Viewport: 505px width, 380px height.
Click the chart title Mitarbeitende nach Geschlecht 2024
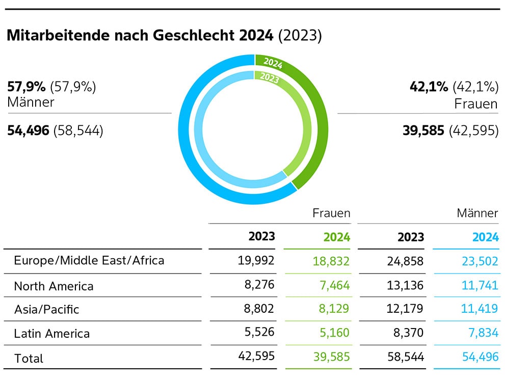pyautogui.click(x=140, y=37)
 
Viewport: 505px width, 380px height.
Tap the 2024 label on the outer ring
pyautogui.click(x=273, y=64)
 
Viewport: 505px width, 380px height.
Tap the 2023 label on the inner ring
pyautogui.click(x=270, y=77)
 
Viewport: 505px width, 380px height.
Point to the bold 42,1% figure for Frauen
pyautogui.click(x=429, y=87)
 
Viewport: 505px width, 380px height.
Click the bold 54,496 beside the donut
pyautogui.click(x=28, y=131)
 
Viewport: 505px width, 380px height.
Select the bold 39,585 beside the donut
pyautogui.click(x=424, y=131)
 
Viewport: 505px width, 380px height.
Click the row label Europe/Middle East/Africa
pyautogui.click(x=89, y=261)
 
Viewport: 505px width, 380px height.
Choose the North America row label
pyautogui.click(x=54, y=286)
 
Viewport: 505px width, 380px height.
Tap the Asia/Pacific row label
pyautogui.click(x=46, y=309)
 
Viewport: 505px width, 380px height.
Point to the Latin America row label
pyautogui.click(x=51, y=334)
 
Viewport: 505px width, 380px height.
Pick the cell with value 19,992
pyautogui.click(x=256, y=261)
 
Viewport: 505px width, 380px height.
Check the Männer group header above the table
pyautogui.click(x=477, y=213)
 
